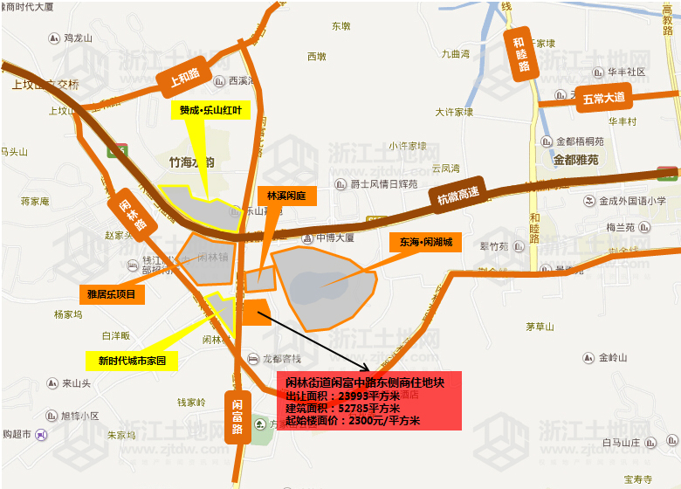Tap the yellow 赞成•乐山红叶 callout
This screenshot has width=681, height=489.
point(210,110)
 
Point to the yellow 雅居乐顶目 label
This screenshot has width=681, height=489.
point(111,294)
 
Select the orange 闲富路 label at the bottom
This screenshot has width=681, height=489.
point(237,417)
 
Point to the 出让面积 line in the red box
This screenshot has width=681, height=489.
point(343,395)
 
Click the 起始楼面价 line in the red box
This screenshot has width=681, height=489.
point(353,421)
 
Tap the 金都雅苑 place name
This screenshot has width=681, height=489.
point(575,160)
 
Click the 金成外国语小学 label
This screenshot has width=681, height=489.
point(632,201)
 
